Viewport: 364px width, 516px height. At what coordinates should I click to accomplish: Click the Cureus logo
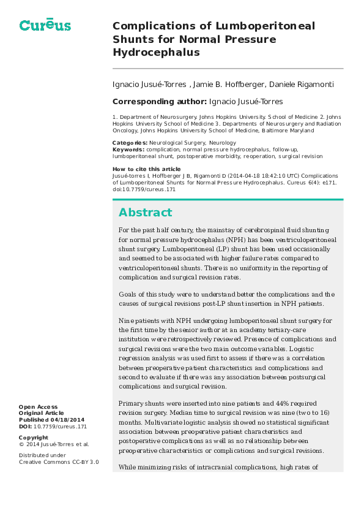45,25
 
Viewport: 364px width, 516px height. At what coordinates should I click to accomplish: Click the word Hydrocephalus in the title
156,53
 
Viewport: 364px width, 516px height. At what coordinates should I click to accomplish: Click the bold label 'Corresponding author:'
159,101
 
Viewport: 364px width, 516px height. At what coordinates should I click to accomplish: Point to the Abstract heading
146,213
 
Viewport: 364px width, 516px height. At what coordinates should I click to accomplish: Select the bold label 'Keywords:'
128,150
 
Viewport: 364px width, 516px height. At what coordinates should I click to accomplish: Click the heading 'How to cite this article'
147,169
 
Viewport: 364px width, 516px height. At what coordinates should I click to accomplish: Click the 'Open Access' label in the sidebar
38,407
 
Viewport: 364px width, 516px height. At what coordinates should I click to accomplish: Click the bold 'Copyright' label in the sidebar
34,438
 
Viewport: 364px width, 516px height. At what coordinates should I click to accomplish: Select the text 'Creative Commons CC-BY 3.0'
58,462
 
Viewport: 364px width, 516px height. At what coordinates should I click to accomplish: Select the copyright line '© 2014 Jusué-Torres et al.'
54,444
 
